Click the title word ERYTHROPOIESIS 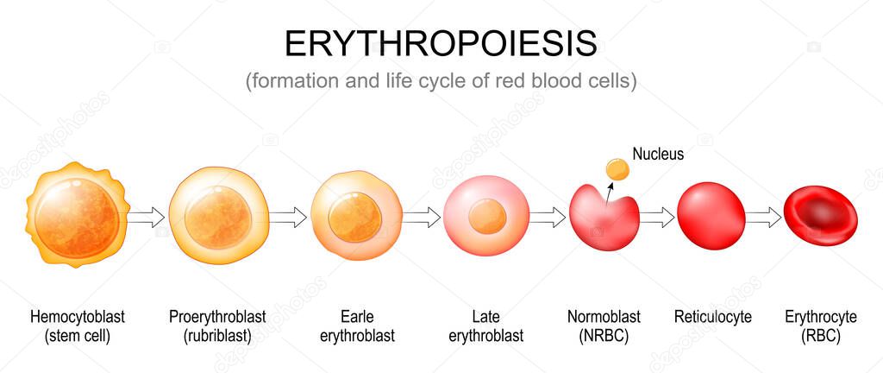(441, 42)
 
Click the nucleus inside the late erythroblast (487, 216)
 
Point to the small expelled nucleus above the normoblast (616, 169)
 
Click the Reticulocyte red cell (711, 217)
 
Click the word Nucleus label (658, 155)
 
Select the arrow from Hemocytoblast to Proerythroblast (146, 217)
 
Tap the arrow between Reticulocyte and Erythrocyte (763, 217)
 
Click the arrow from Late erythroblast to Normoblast (547, 217)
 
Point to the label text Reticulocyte (712, 317)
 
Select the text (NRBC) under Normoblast (604, 335)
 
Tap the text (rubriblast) (217, 335)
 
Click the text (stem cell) (76, 335)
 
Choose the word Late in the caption (486, 317)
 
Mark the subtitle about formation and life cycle (441, 82)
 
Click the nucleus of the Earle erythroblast (354, 217)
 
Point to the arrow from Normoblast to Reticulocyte (657, 217)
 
